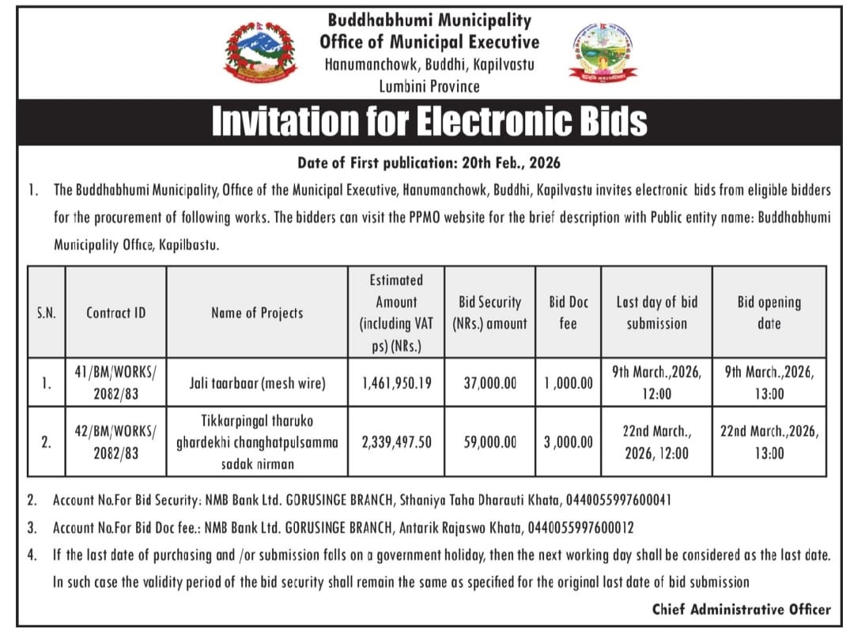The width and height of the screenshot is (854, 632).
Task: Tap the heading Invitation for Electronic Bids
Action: coord(429,121)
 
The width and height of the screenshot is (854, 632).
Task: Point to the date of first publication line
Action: coord(429,163)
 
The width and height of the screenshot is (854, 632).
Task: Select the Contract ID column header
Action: coord(115,312)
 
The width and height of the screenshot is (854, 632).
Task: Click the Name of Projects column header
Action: coord(257,312)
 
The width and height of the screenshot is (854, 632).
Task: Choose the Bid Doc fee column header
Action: coord(569,312)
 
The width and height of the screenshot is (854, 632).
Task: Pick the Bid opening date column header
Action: coord(769,312)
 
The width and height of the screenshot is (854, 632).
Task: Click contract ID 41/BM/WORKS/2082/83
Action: coord(115,383)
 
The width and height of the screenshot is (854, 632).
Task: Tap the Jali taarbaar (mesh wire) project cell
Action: coord(257,383)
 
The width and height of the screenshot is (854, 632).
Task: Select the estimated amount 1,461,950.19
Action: coord(396,383)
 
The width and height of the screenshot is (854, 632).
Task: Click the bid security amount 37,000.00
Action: coord(490,383)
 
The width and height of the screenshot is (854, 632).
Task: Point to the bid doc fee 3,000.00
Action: coord(569,442)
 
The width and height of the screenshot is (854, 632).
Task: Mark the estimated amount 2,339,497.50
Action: coord(396,442)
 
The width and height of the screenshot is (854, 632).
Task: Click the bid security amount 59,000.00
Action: coord(490,442)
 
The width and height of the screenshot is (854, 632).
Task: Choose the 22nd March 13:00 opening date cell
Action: coord(769,442)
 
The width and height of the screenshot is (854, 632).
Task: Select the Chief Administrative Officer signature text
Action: coord(741,609)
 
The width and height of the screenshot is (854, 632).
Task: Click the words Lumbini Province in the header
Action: coord(429,85)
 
